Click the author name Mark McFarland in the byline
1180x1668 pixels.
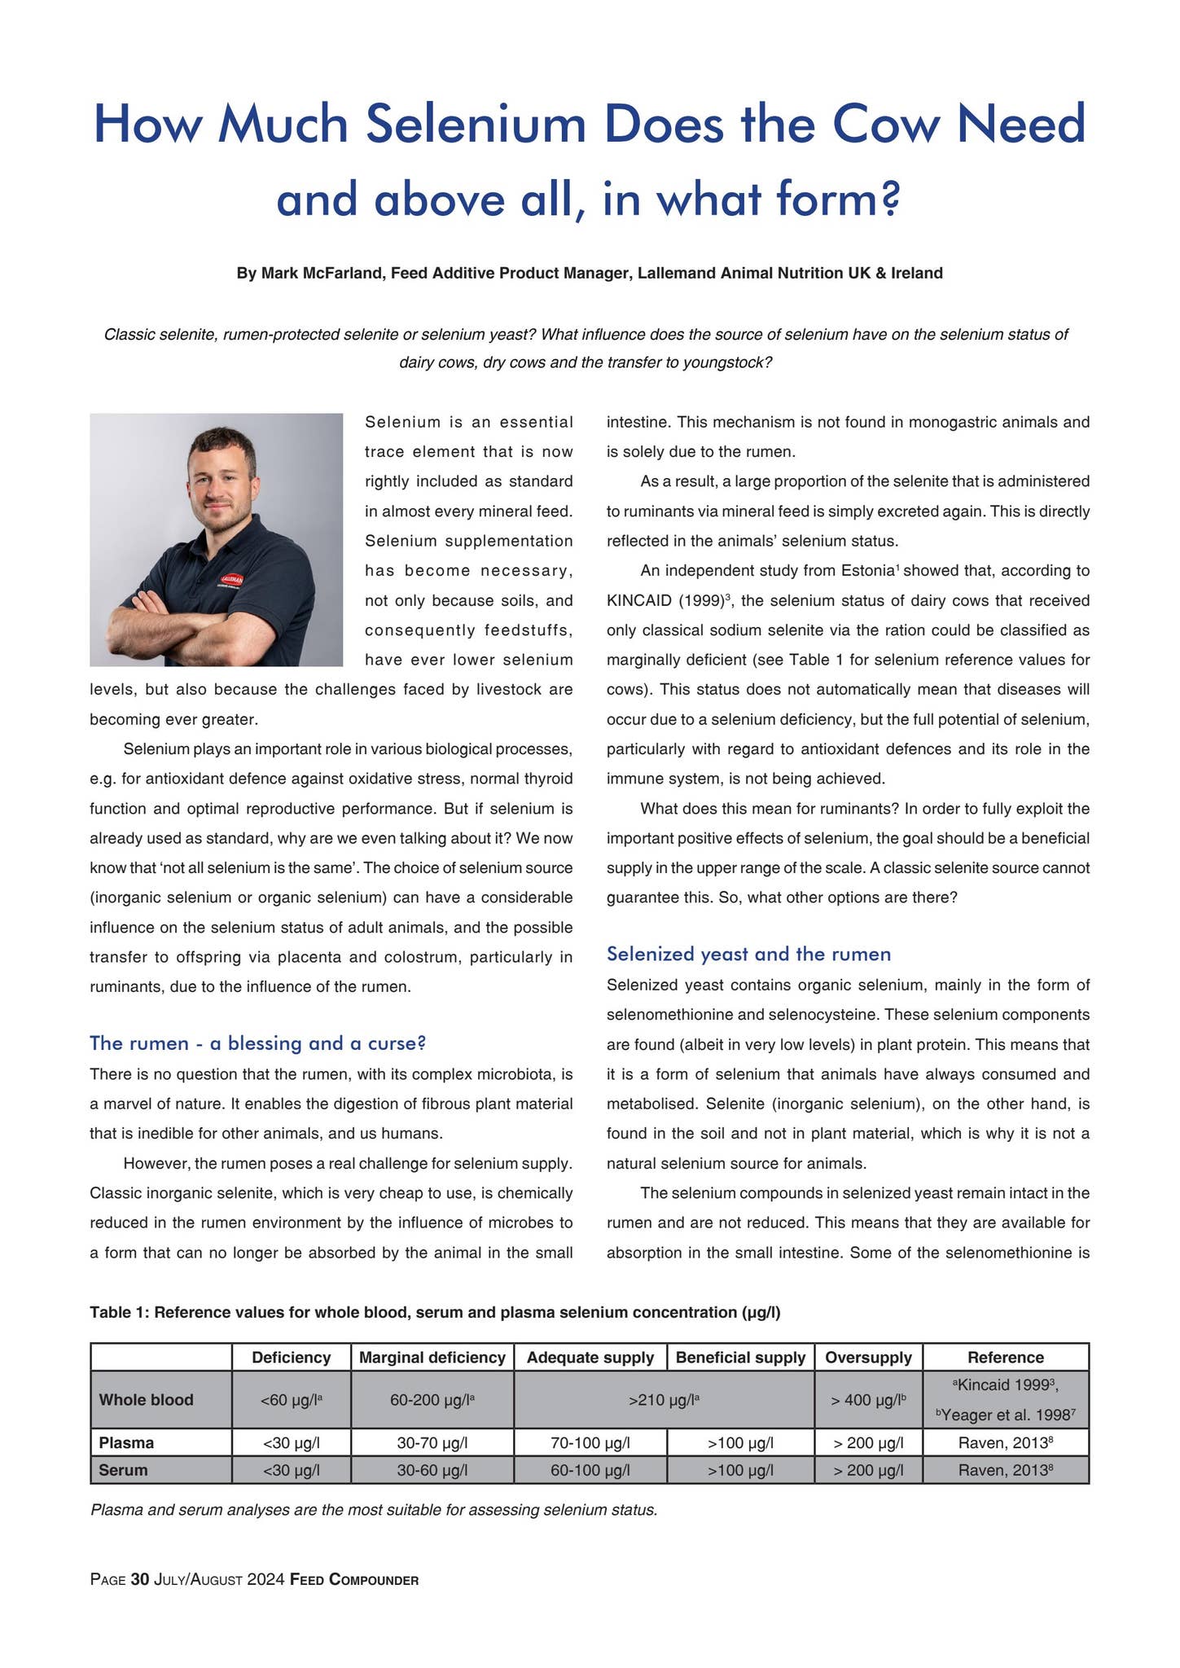click(322, 273)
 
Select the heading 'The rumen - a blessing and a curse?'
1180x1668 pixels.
click(257, 1042)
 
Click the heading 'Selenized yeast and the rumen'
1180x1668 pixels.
click(748, 953)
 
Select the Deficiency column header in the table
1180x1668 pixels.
click(291, 1357)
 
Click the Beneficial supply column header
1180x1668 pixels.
click(739, 1357)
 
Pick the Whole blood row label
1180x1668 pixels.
click(146, 1399)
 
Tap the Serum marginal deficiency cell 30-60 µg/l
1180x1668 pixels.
click(432, 1470)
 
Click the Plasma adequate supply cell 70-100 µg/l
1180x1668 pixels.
click(589, 1443)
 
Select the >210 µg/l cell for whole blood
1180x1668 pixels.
click(664, 1400)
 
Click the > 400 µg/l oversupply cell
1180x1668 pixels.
click(868, 1400)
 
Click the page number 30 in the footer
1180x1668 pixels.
click(140, 1580)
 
